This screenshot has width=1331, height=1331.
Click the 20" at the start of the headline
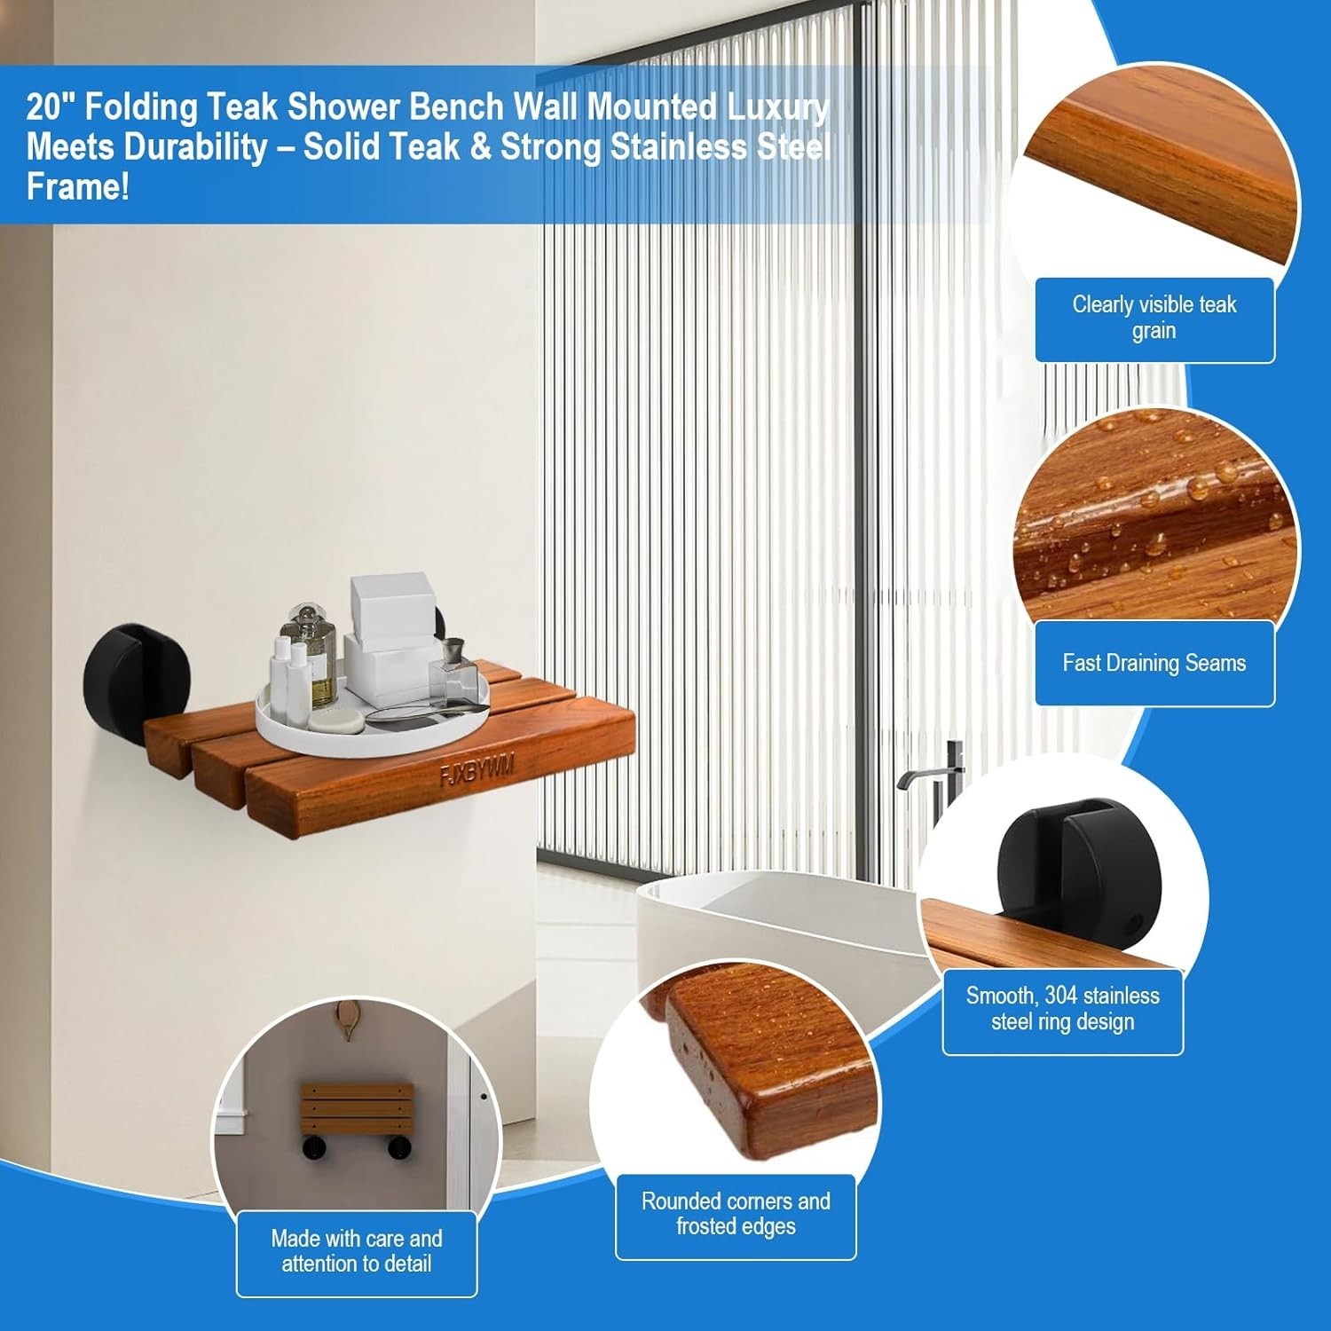coord(50,107)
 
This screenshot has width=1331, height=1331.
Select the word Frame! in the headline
coord(78,187)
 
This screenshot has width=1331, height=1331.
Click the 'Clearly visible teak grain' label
coord(1154,319)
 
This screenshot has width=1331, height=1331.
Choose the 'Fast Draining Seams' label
coord(1154,663)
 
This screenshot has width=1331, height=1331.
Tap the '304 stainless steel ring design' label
coord(1062,1009)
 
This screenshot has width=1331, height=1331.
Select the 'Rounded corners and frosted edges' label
coord(736,1214)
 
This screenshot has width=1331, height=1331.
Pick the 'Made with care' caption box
coord(356,1251)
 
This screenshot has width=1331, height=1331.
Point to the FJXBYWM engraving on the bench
coord(477,770)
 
